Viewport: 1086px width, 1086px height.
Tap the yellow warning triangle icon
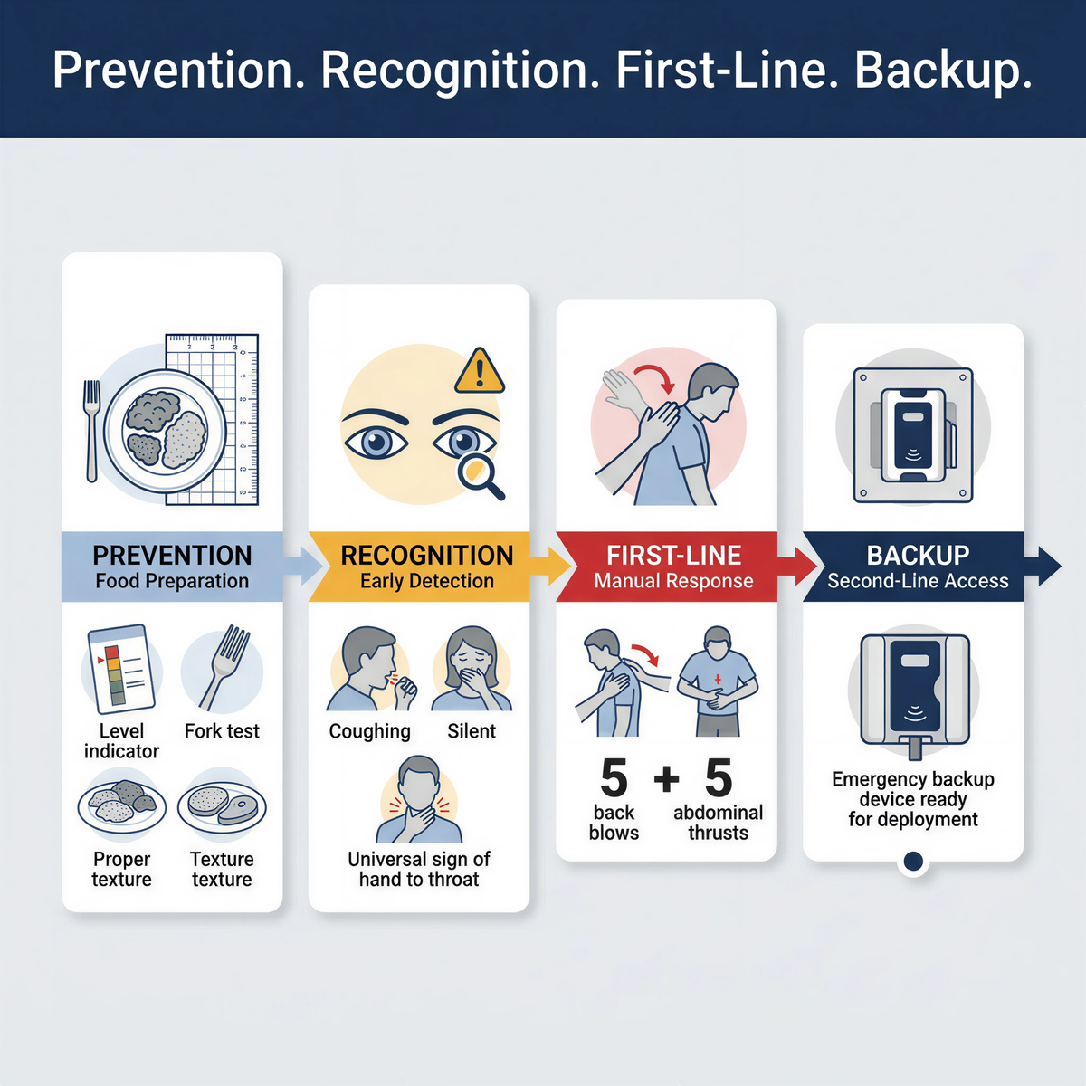coord(479,371)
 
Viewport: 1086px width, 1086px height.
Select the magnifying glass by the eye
coord(479,475)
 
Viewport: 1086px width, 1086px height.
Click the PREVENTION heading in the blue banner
coord(172,555)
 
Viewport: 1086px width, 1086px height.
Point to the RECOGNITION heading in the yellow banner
coord(426,555)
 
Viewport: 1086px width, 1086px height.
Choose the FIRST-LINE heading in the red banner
coord(673,555)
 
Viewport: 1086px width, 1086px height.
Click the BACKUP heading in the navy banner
coord(918,555)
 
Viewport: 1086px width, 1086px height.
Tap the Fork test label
coord(222,731)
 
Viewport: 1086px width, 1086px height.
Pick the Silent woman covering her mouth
coord(472,671)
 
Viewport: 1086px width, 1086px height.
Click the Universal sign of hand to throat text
coord(419,869)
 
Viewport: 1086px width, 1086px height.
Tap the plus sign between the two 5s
coord(666,778)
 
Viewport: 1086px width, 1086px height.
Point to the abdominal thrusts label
coord(718,823)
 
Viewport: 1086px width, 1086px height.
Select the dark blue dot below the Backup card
coord(913,862)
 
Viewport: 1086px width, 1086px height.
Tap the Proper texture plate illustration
coord(121,804)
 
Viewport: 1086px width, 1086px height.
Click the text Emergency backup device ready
coord(913,789)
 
